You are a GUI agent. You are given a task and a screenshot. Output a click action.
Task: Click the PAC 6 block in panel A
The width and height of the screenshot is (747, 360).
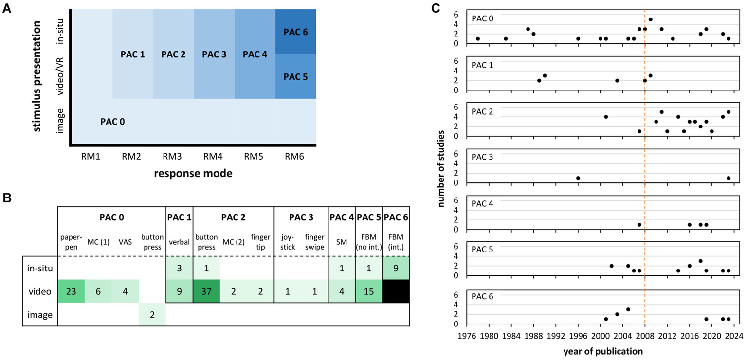pos(295,32)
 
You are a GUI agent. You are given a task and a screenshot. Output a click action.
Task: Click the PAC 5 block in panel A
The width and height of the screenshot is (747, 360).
pos(295,76)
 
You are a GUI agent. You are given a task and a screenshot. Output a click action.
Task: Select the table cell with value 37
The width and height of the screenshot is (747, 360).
pos(206,291)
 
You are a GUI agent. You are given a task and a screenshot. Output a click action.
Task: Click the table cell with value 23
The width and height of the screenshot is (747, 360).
pos(72,291)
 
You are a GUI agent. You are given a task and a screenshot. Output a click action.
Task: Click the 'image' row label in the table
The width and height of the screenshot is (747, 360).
pos(40,315)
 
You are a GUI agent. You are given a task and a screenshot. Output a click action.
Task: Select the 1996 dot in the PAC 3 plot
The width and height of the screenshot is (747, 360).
pos(578,178)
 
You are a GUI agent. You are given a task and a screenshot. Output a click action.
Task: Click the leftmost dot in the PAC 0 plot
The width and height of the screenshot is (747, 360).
pos(478,39)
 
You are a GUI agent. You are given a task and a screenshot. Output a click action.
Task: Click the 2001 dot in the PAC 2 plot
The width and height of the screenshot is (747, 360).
pos(606,117)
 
